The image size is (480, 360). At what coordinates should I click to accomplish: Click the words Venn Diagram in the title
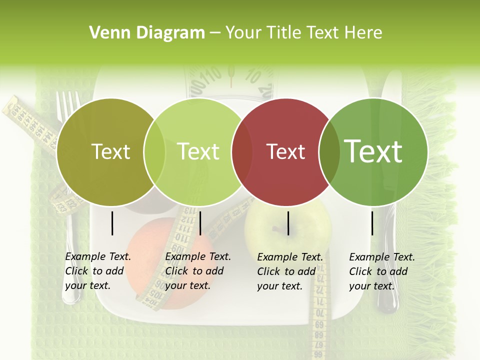[x=147, y=33]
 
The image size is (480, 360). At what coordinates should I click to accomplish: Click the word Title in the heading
[x=284, y=33]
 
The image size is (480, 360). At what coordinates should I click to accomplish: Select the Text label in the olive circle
[x=110, y=151]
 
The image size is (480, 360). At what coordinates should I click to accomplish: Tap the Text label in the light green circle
[x=198, y=151]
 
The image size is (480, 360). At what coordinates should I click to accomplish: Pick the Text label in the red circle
[x=286, y=151]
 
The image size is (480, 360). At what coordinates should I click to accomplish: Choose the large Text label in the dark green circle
[x=373, y=151]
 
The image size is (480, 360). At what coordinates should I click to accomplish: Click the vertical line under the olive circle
[x=112, y=223]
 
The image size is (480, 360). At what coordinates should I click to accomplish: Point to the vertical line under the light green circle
[x=200, y=223]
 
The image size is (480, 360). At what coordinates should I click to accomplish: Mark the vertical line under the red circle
[x=288, y=223]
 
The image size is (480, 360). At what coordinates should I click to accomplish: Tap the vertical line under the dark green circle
[x=372, y=223]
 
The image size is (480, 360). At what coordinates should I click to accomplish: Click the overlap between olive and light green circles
[x=154, y=151]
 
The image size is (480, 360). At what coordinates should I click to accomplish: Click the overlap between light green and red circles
[x=242, y=151]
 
